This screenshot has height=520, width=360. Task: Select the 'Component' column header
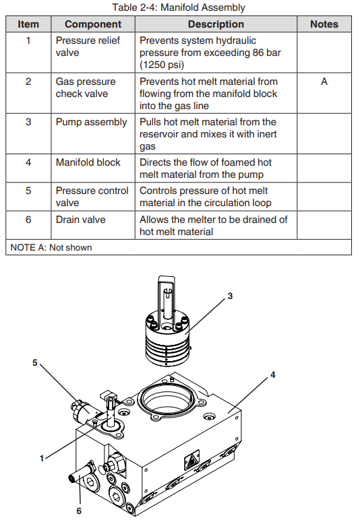coord(93,24)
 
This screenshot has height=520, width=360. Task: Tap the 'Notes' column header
coord(324,24)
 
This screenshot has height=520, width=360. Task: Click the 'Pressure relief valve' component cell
coord(88,46)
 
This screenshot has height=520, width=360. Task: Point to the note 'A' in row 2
coord(324,82)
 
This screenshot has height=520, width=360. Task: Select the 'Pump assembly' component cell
coord(91,123)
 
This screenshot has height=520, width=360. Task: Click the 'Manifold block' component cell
coord(88,162)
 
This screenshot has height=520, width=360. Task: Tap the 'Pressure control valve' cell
coord(92,197)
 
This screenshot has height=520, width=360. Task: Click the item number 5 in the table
coord(28,191)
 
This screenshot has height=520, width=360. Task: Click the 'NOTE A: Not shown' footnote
coord(51,247)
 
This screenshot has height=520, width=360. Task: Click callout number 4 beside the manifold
coord(272,375)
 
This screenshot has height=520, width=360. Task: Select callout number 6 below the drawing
coord(79,511)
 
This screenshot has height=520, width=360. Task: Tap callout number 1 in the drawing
coord(42,458)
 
